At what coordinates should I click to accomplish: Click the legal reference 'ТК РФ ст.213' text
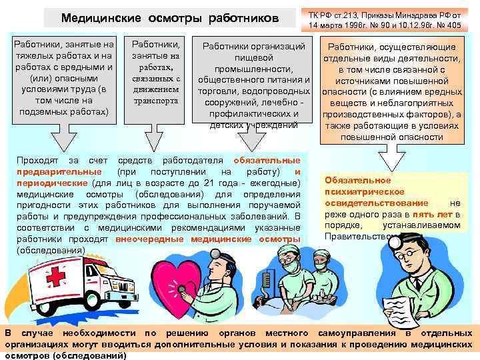[335, 14]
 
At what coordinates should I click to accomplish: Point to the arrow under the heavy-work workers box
[62, 138]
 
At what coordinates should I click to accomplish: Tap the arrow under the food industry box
[253, 139]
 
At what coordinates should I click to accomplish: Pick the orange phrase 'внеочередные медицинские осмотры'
[207, 238]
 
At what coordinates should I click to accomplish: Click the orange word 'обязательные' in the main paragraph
[267, 161]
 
